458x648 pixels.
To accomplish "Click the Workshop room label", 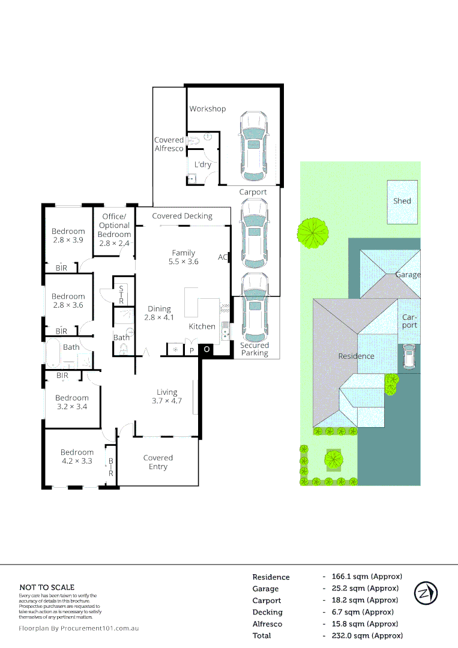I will click(x=208, y=109).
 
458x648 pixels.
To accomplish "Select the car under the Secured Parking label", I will click(x=255, y=308).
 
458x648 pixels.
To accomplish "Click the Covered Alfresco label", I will click(x=169, y=144).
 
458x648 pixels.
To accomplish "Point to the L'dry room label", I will click(x=203, y=164).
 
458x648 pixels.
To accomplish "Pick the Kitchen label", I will click(x=202, y=326).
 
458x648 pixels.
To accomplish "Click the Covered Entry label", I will click(x=158, y=462).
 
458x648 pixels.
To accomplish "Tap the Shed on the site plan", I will click(x=402, y=202).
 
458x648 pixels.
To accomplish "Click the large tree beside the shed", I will click(x=313, y=233).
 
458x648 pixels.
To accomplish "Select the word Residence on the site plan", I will click(x=356, y=356).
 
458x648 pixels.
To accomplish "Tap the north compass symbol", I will click(x=426, y=593).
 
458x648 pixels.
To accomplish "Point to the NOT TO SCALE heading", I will click(x=47, y=587).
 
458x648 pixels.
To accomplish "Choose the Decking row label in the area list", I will click(x=267, y=612).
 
